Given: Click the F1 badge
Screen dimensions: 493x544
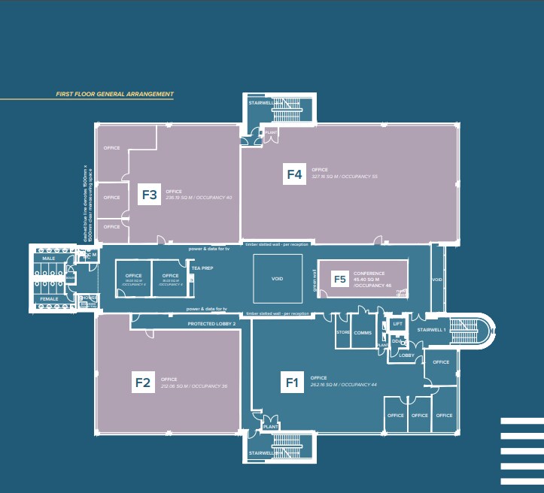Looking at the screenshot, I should tap(293, 383).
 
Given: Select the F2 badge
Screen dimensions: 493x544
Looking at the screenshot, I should tap(143, 383).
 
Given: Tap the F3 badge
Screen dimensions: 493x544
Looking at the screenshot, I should tap(150, 195).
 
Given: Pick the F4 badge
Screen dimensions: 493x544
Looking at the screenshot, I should tap(294, 174).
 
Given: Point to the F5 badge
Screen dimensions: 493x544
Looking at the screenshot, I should tap(340, 279).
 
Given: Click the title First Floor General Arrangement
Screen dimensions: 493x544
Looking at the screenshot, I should tap(115, 95).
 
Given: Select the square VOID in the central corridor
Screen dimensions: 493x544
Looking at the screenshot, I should tap(277, 279).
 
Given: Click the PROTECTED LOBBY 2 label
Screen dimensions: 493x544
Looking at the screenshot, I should tap(211, 323).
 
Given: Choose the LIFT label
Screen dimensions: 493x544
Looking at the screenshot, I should tap(397, 324).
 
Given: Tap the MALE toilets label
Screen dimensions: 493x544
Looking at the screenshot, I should tap(49, 259).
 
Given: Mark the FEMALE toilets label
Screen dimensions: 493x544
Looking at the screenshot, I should tap(49, 299).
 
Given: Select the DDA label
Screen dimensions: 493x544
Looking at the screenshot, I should tap(396, 340).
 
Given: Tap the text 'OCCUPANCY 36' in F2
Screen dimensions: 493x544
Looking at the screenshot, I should tap(209, 386).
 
